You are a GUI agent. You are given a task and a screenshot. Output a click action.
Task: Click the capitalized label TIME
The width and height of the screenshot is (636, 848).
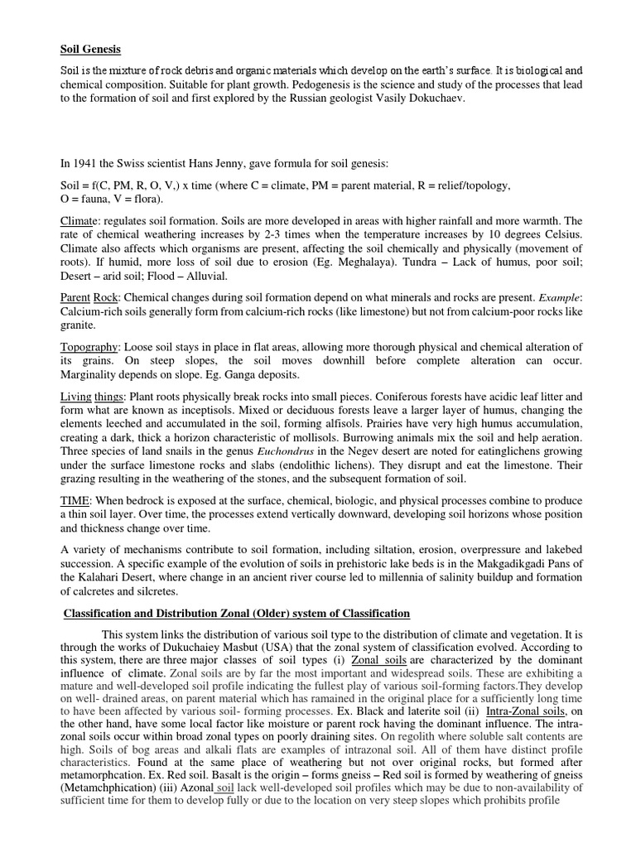pyautogui.click(x=77, y=501)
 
